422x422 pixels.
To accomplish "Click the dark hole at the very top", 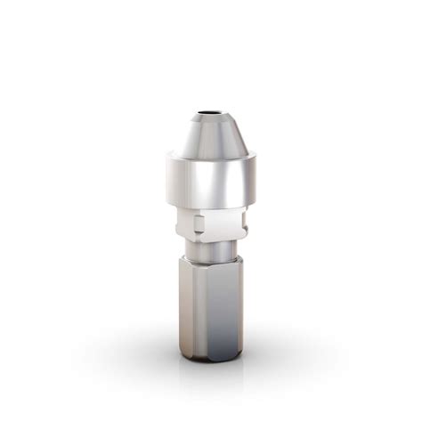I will pos(210,114).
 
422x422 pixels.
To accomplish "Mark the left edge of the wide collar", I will pos(167,183).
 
